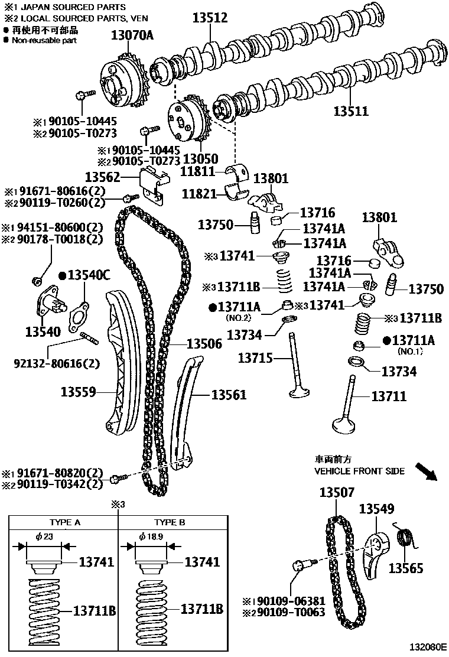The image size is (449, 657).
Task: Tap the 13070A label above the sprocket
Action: coord(132,35)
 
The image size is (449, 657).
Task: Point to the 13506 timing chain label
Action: coord(204,343)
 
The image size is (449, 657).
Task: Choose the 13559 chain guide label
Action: coord(77,391)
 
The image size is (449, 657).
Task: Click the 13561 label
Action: coord(229,395)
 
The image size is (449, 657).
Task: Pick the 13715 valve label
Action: coord(256,357)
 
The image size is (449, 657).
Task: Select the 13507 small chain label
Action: coord(337,492)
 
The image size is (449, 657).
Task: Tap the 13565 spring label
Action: coord(405,568)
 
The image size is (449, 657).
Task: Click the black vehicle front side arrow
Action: coord(425,472)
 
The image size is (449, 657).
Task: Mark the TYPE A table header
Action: coord(64,523)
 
